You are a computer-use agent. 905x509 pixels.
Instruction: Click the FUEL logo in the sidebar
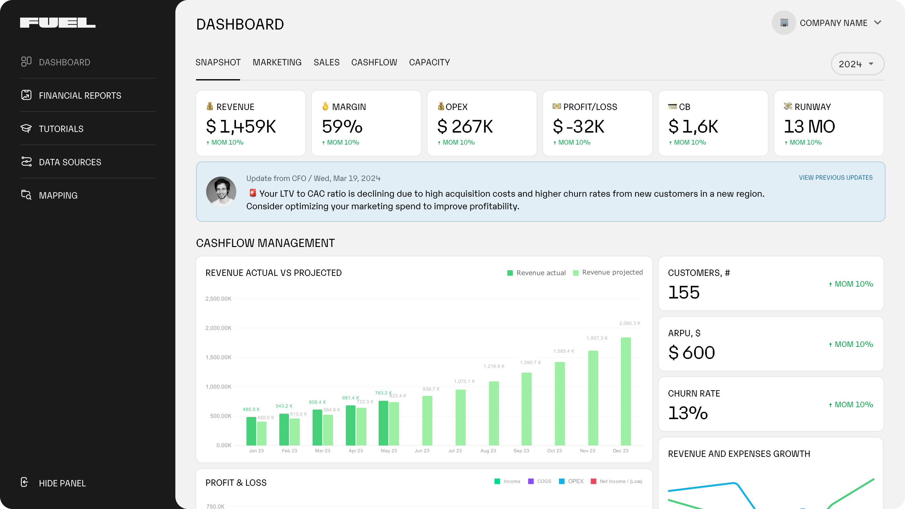point(58,23)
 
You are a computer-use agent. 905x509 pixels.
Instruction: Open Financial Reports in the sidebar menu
point(80,96)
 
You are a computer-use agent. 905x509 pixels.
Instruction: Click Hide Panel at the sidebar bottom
point(62,483)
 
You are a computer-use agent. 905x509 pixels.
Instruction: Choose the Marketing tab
point(277,63)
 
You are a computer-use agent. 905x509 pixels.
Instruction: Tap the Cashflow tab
point(374,63)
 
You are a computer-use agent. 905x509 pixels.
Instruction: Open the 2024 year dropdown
point(857,64)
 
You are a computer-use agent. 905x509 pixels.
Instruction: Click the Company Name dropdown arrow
point(878,23)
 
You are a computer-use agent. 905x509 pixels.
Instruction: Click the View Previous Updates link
point(836,178)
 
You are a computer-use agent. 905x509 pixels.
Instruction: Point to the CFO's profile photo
point(221,191)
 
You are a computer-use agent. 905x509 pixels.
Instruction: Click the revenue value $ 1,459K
point(241,126)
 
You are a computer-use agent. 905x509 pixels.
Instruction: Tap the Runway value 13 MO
point(809,126)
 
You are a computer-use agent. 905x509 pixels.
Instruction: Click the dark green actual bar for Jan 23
point(251,431)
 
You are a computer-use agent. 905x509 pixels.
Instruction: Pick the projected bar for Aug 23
point(494,413)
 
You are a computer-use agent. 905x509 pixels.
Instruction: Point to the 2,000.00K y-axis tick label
point(218,328)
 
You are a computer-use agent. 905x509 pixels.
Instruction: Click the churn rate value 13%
point(688,413)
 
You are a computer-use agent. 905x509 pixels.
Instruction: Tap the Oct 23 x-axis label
point(554,451)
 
